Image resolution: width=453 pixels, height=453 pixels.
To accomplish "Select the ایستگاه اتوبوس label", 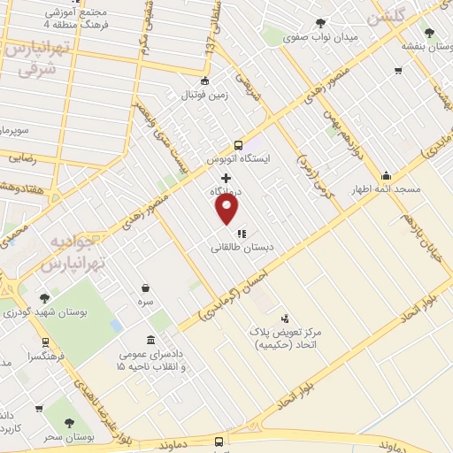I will click(x=238, y=160).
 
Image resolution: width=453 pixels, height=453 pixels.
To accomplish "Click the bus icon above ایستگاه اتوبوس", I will click(x=238, y=145).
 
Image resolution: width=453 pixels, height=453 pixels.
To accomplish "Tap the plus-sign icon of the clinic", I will click(x=226, y=178).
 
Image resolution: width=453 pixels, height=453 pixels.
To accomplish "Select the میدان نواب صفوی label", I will click(x=319, y=38).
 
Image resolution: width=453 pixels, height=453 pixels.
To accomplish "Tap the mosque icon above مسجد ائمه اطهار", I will click(x=386, y=175).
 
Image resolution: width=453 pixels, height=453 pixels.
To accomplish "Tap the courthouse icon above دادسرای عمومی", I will click(x=151, y=341).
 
